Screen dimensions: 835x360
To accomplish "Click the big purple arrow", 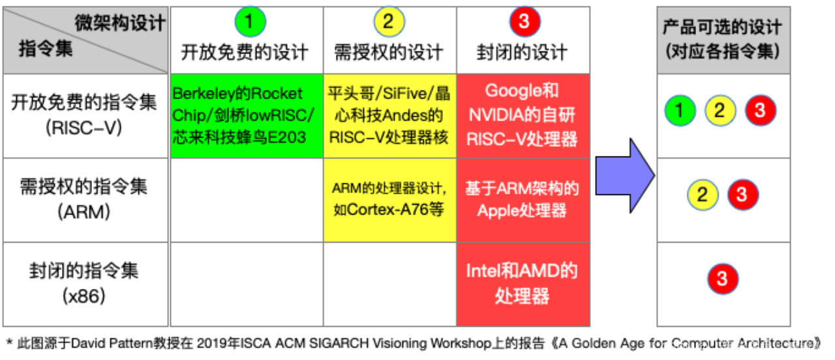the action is point(624,176).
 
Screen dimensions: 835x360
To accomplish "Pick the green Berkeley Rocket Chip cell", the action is point(246,115).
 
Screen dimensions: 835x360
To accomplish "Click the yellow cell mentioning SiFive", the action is point(389,115).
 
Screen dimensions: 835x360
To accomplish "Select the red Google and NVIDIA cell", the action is point(523,115).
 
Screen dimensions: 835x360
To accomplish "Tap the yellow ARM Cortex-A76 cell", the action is point(389,200).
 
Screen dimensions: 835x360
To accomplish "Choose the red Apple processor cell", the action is point(523,200).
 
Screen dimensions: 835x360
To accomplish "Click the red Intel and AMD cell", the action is point(523,284).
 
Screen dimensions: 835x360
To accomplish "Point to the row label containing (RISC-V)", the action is point(84,115).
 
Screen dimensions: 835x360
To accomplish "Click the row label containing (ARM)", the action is point(84,199).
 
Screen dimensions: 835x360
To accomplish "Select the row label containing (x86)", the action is point(84,283).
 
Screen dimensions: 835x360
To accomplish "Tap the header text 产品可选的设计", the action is point(722,27).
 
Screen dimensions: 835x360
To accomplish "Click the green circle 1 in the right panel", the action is point(680,111).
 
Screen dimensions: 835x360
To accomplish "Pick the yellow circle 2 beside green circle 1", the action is point(720,111).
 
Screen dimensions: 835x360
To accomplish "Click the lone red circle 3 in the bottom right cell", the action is point(722,279).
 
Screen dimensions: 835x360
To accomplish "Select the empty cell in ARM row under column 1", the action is point(246,200).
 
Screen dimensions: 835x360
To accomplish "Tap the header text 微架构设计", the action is point(120,23).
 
